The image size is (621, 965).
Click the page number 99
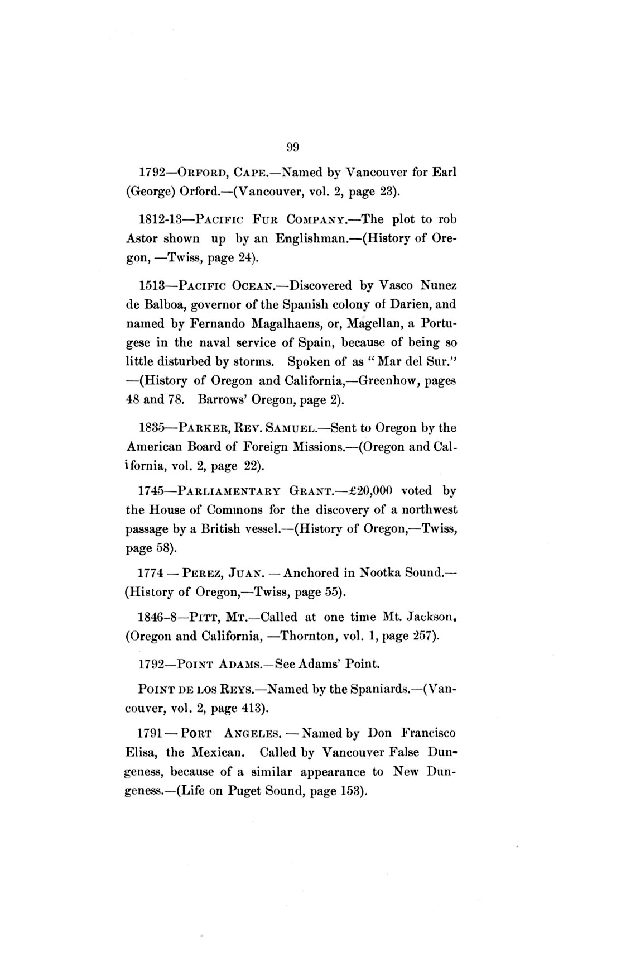293,147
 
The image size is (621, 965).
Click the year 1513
151,286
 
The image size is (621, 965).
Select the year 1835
151,428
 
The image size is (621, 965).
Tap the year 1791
151,733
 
